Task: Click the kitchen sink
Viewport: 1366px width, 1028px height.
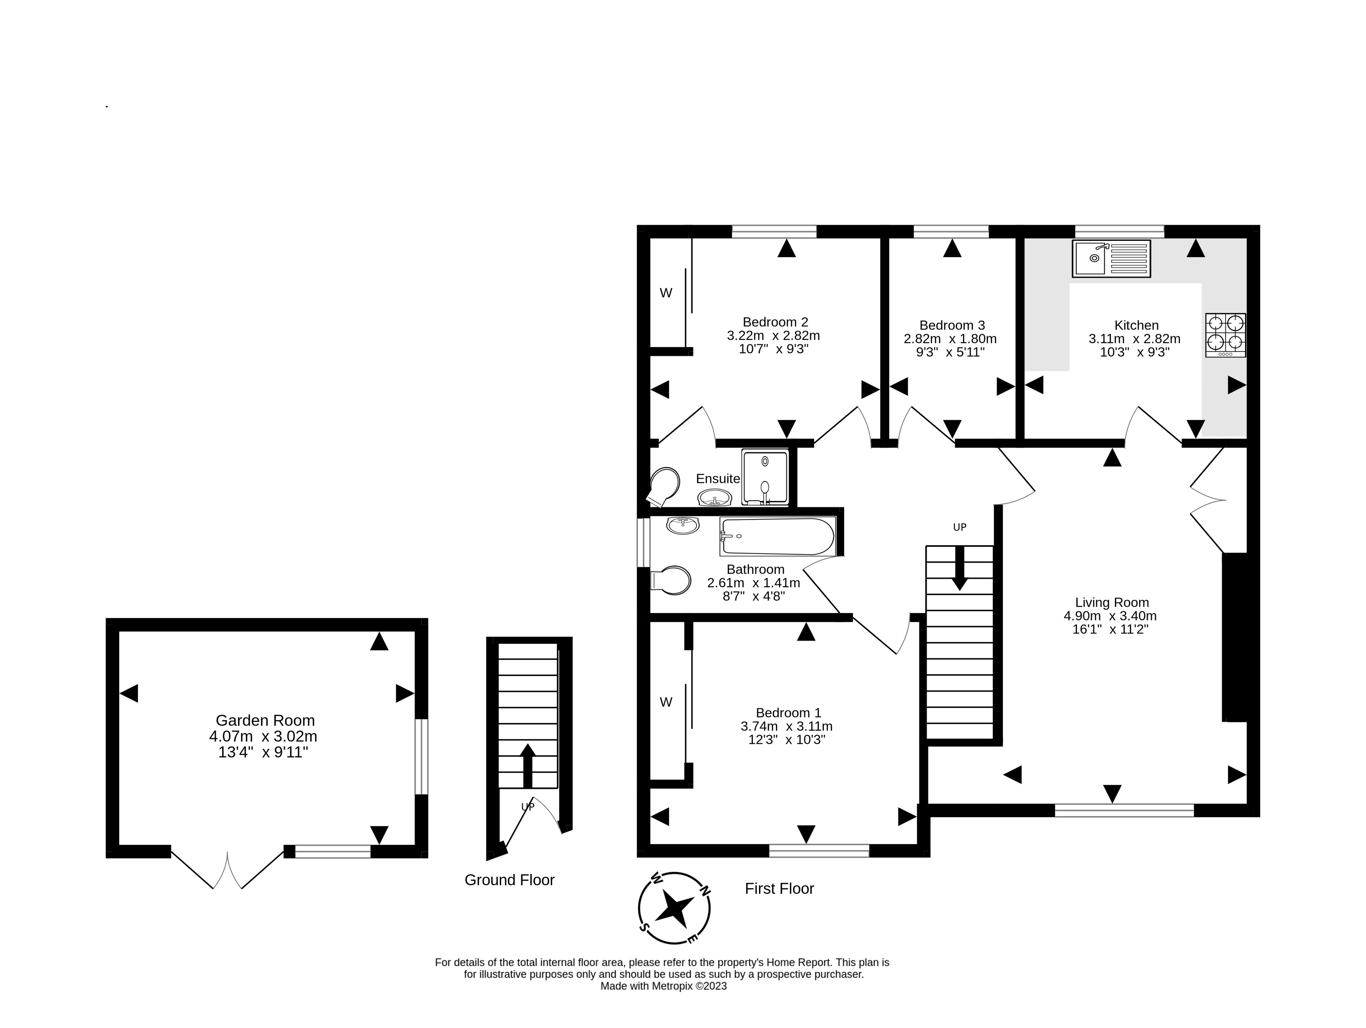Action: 1112,258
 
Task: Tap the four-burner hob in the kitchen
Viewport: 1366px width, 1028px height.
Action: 1225,335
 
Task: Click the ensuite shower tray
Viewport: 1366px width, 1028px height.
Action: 765,477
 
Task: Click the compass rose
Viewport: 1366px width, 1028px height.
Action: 674,908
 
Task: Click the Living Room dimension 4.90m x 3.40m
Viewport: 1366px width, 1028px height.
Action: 1110,615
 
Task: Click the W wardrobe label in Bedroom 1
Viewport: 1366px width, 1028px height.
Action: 666,702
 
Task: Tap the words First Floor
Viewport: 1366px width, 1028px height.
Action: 779,888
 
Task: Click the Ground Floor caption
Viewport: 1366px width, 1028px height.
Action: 510,880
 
